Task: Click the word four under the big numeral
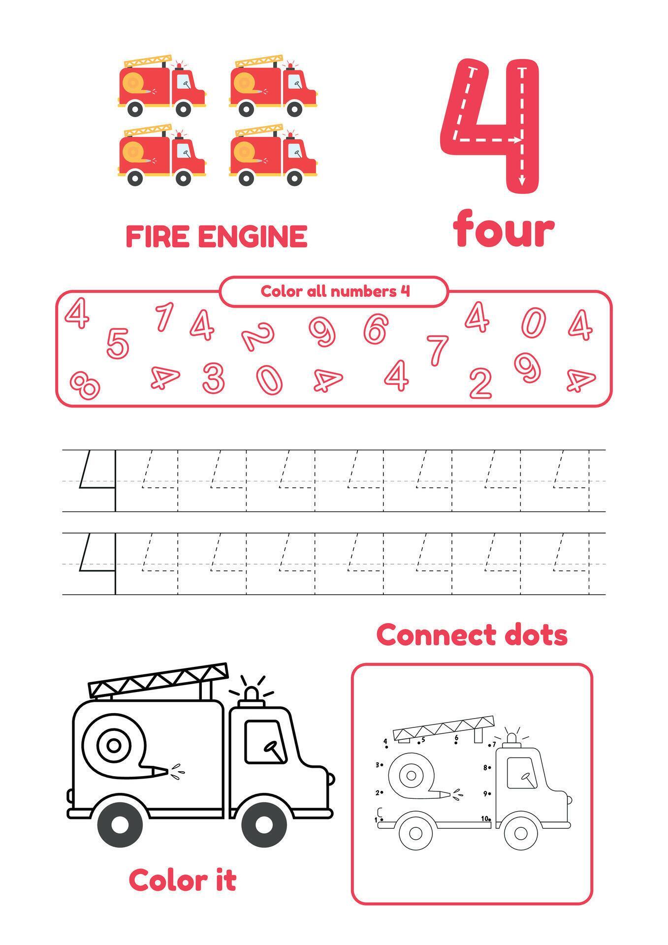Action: tap(504, 229)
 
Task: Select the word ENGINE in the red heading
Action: tap(253, 236)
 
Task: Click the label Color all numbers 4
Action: tap(335, 291)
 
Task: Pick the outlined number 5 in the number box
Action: tap(118, 343)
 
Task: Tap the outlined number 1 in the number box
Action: tap(164, 316)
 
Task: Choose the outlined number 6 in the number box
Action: tap(376, 328)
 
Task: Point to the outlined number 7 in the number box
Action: tap(437, 349)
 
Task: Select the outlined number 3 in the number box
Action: tap(214, 378)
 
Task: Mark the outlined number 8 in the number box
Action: tap(85, 384)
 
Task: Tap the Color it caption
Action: tap(183, 880)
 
